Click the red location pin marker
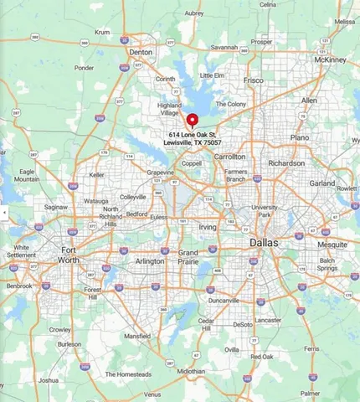point(192,120)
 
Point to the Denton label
point(141,52)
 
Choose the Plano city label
point(299,137)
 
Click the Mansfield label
point(138,336)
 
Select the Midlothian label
point(192,371)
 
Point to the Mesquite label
point(332,244)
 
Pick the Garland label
point(321,183)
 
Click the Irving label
point(207,227)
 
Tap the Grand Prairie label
point(188,256)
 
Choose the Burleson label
point(69,344)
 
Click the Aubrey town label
point(194,13)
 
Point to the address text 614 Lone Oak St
point(196,135)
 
